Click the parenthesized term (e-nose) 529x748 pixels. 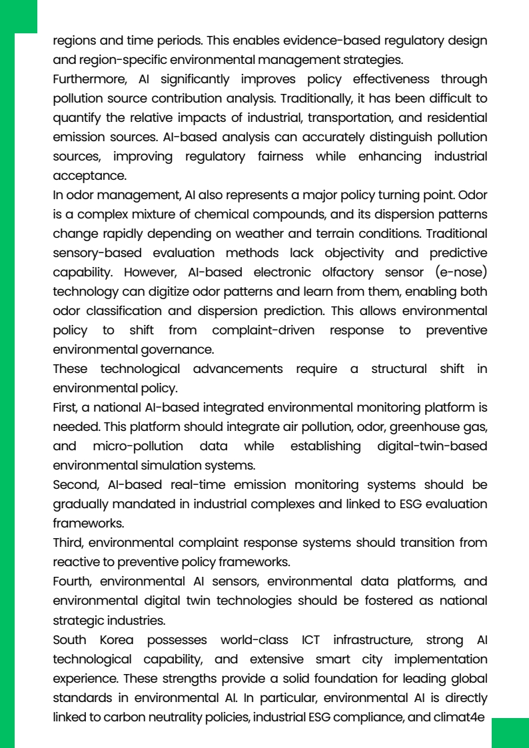click(x=460, y=272)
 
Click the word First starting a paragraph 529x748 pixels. click(x=65, y=408)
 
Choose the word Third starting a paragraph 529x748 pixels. click(x=68, y=543)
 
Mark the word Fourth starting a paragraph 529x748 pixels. click(x=71, y=581)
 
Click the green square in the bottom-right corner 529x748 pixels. click(x=510, y=733)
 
